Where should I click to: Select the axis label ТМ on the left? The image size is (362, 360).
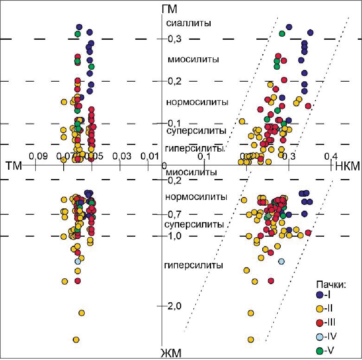coord(14,166)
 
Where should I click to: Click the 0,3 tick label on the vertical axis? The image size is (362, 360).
coord(175,39)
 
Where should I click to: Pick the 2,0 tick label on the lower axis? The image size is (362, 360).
coord(175,306)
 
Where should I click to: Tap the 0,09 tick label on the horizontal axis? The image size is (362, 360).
coord(36,156)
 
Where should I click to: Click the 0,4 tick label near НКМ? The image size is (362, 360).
coord(331,156)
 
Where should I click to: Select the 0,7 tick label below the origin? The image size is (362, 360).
coord(175,215)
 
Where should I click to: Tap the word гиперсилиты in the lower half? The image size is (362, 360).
coord(194,266)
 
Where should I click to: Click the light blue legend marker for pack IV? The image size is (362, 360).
coord(320,337)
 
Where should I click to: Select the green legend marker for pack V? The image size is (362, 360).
coord(320,351)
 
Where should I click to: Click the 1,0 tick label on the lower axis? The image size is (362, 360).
coord(175,236)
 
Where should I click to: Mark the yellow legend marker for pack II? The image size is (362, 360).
coord(320,309)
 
